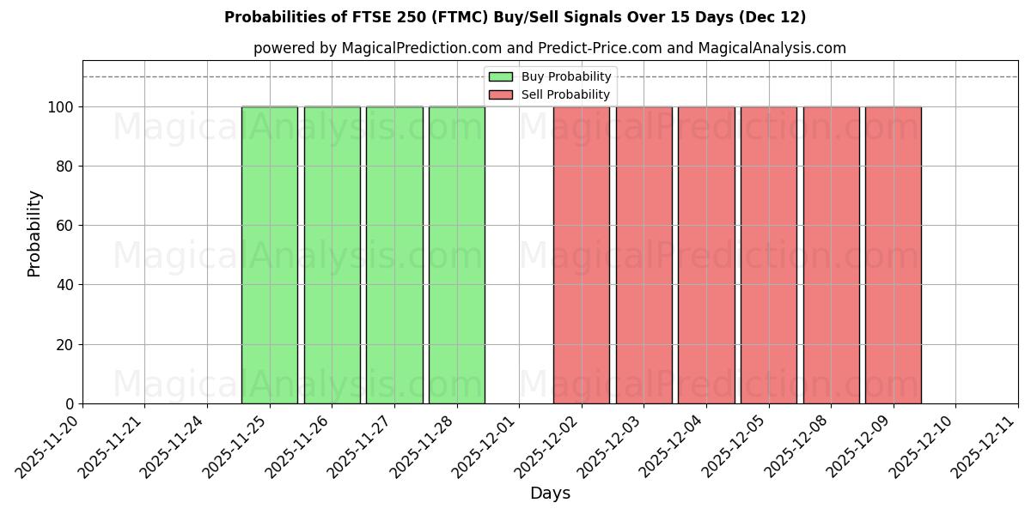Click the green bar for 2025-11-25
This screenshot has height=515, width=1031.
(270, 255)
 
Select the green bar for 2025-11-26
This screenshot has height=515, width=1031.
(332, 255)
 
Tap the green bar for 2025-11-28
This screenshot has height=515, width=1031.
(457, 255)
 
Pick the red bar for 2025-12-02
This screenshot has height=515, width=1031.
(582, 255)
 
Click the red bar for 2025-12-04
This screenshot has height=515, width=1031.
(706, 255)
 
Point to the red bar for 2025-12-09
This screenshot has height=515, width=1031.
(894, 255)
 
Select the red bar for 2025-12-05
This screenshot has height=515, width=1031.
(769, 255)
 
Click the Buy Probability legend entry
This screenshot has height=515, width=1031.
(550, 76)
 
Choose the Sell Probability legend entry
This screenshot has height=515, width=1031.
(550, 94)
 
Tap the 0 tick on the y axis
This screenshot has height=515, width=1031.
(71, 404)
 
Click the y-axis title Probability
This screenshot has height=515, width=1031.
(34, 233)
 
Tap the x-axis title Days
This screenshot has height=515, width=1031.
(550, 494)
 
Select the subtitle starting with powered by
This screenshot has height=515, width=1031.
(550, 48)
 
